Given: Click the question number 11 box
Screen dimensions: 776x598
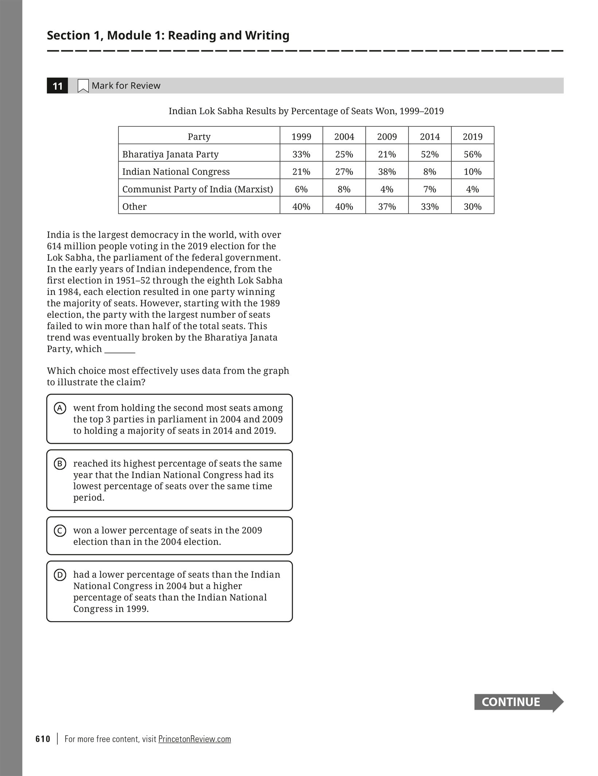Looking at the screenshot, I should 57,86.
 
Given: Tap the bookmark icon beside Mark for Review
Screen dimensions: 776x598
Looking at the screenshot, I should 83,86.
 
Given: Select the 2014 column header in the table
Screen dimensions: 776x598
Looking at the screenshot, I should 430,136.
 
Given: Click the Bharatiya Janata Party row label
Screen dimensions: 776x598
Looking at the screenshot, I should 170,154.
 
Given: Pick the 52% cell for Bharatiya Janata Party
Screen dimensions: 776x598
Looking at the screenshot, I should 430,154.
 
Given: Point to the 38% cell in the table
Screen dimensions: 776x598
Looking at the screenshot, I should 387,172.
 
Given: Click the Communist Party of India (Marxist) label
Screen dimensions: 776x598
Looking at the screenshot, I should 197,189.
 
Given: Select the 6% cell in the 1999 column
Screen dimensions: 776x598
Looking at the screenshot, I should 301,189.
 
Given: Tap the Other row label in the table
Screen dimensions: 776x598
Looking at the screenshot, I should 134,207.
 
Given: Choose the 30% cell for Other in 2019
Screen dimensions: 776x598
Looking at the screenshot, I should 473,207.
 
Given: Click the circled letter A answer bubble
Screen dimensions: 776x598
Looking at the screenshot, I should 60,408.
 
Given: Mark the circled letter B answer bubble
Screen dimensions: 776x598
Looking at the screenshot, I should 60,464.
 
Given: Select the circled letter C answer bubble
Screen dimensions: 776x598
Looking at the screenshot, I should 60,531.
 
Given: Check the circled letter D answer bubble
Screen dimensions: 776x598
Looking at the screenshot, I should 60,575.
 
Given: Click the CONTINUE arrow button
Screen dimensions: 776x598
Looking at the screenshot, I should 518,702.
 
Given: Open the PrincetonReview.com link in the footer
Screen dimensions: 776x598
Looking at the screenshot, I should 194,739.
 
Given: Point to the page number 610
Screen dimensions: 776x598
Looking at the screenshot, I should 43,739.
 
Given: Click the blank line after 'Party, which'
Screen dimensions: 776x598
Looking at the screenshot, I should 120,350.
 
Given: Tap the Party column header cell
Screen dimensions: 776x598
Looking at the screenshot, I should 199,136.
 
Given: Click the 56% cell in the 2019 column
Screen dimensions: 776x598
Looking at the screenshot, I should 473,154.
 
